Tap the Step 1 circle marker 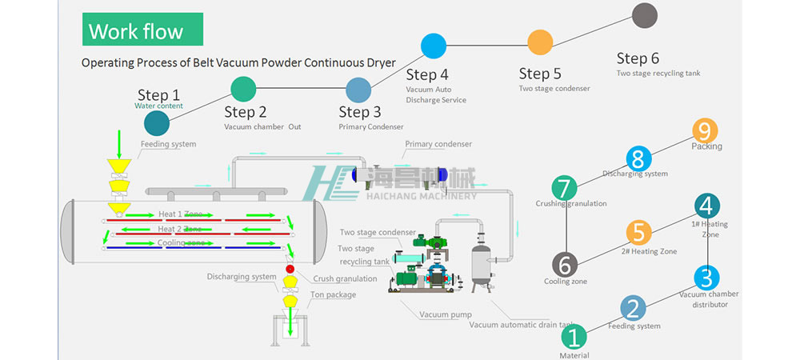pyautogui.click(x=157, y=122)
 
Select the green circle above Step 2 pyautogui.click(x=243, y=88)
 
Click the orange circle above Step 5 pyautogui.click(x=540, y=42)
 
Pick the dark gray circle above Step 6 pyautogui.click(x=644, y=15)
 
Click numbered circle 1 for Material pyautogui.click(x=574, y=336)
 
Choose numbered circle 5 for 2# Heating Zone pyautogui.click(x=638, y=233)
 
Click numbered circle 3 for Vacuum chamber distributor pyautogui.click(x=706, y=278)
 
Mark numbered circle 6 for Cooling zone pyautogui.click(x=565, y=264)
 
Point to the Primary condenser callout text pyautogui.click(x=438, y=144)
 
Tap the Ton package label pyautogui.click(x=333, y=294)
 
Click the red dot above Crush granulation pyautogui.click(x=290, y=267)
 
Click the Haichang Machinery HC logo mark pyautogui.click(x=329, y=182)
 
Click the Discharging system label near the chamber pyautogui.click(x=242, y=278)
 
